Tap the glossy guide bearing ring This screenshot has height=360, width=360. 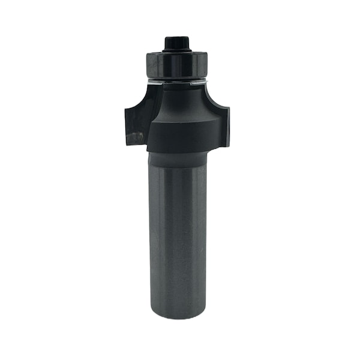pos(176,65)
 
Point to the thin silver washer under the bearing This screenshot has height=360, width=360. pos(176,81)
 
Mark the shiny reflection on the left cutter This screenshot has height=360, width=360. pos(136,137)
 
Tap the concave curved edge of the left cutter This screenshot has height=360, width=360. pos(144,98)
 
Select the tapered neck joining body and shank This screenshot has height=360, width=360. pos(178,160)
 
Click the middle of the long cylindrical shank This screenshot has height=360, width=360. pos(178,240)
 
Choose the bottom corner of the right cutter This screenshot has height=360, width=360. pos(226,144)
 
